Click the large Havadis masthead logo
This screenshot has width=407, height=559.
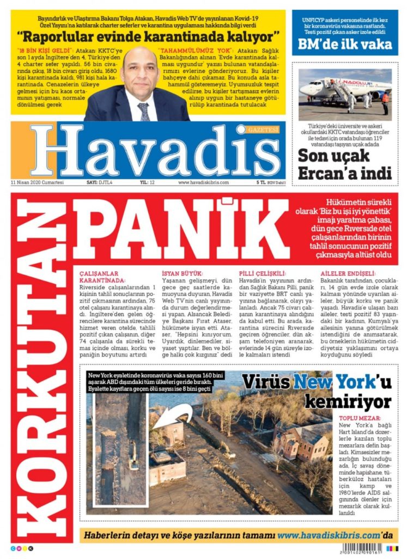point(155,152)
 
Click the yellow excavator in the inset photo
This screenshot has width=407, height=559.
point(133,454)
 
